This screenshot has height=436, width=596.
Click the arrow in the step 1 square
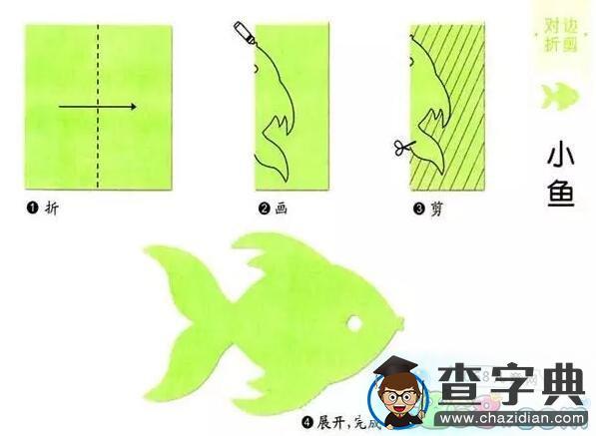(97, 106)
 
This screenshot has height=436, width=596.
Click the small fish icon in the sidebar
(557, 97)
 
